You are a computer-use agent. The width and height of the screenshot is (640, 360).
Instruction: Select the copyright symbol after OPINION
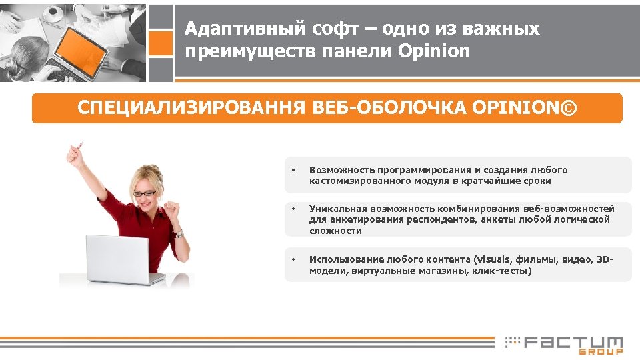coord(571,108)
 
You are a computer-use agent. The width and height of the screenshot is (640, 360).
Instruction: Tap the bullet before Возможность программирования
coord(294,171)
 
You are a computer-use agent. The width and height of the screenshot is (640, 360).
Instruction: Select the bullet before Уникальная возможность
coord(294,209)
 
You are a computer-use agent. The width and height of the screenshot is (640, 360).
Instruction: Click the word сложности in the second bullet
coord(335,231)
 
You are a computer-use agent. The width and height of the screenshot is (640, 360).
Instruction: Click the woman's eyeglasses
coord(145,193)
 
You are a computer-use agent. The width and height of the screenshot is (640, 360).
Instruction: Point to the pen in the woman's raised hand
coord(81,145)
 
